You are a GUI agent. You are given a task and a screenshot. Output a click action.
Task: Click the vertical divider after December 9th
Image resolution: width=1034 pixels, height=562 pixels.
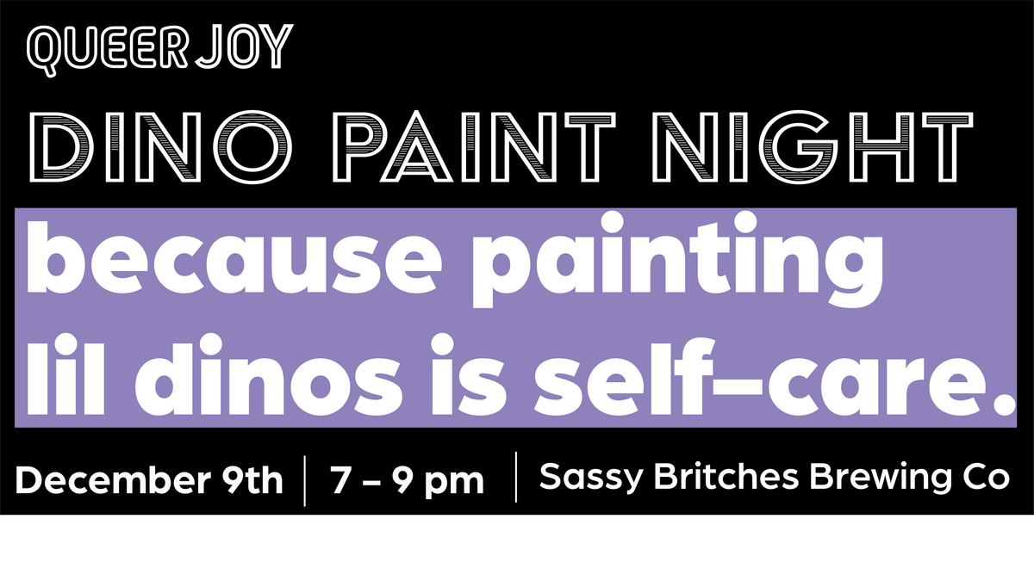pos(307,481)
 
